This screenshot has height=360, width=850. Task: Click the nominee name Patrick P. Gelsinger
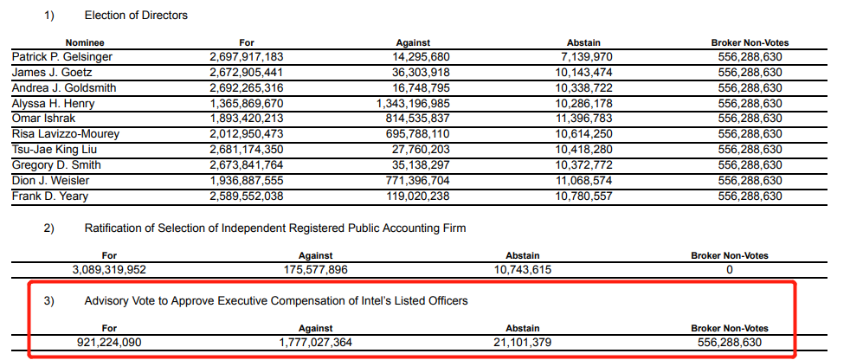point(61,56)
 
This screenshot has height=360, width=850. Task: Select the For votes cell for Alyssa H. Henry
point(247,103)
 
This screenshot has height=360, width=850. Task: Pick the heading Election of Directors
point(136,15)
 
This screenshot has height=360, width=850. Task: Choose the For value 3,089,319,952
point(109,269)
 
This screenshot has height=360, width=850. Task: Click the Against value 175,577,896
point(315,269)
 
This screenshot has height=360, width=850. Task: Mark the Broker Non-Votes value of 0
point(729,269)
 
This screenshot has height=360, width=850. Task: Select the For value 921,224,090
point(109,342)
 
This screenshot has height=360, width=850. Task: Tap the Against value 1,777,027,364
point(315,342)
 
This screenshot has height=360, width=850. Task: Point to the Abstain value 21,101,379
point(522,342)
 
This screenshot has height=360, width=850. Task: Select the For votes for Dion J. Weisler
point(247,181)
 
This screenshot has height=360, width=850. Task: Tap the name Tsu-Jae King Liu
point(55,150)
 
